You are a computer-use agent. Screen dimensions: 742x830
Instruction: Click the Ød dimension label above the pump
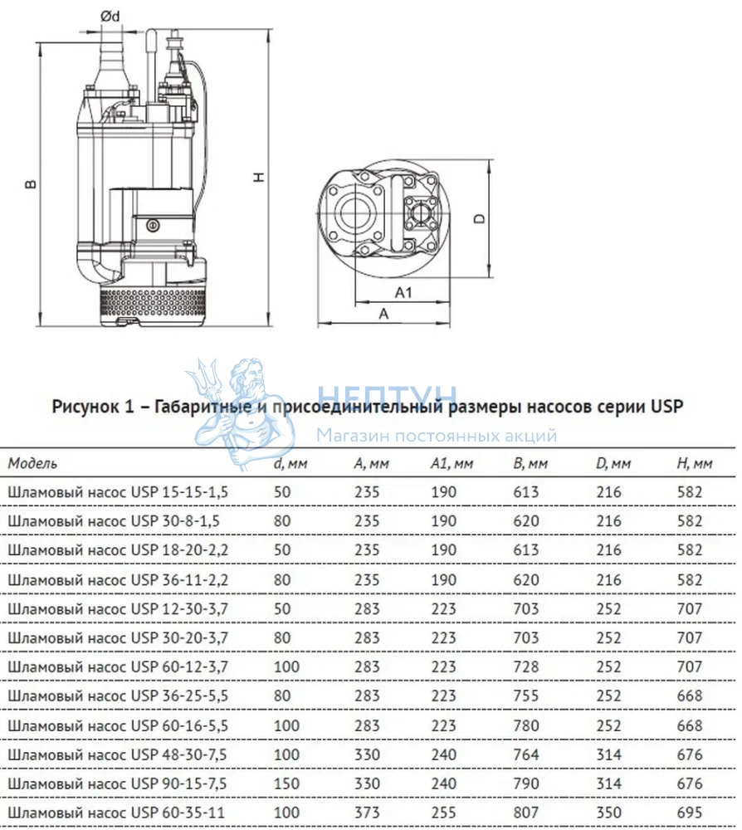point(110,17)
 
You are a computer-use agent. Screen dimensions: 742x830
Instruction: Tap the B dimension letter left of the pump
point(31,183)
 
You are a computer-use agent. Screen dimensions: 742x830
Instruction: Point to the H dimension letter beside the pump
point(259,177)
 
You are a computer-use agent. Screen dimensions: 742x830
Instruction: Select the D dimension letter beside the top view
point(480,217)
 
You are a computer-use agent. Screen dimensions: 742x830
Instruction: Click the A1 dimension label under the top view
point(403,292)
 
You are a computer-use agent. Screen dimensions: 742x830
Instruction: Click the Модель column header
point(32,463)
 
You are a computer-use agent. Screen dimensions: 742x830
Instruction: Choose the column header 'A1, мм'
point(452,464)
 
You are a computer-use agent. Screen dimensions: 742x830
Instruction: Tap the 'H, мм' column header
point(695,464)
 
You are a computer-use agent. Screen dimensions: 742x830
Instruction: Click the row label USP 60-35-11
point(116,812)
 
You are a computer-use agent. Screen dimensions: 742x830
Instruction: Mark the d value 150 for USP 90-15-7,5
point(286,784)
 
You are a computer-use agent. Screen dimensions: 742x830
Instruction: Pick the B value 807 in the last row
point(525,812)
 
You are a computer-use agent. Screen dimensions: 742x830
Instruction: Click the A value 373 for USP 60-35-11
point(367,812)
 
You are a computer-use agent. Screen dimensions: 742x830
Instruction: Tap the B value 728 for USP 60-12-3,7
point(525,666)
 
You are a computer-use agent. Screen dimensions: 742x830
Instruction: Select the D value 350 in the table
point(608,812)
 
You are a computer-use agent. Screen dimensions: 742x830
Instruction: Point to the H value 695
point(689,812)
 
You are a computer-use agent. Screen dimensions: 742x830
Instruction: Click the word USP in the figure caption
point(666,406)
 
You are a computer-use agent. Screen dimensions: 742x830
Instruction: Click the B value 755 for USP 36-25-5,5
point(525,696)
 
